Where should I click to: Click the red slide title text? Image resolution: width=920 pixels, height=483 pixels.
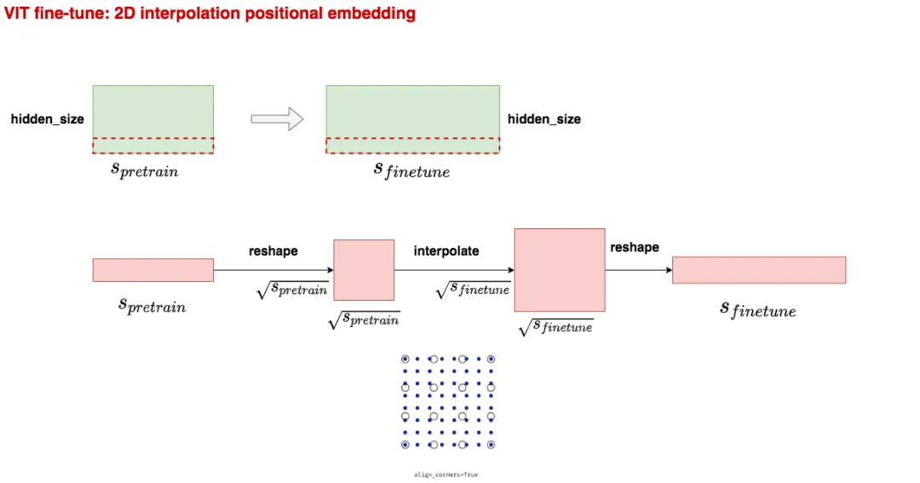[x=210, y=14]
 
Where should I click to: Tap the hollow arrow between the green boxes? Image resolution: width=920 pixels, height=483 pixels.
[x=277, y=119]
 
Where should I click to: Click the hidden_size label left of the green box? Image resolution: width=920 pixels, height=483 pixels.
[x=47, y=119]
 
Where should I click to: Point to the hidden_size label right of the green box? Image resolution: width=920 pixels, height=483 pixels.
[x=544, y=119]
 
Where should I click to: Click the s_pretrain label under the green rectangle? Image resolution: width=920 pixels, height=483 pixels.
[x=145, y=170]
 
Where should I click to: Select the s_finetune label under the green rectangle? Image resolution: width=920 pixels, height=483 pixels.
[x=411, y=170]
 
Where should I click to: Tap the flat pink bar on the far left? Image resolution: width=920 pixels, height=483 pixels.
[x=153, y=270]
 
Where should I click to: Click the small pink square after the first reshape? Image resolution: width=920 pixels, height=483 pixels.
[x=364, y=270]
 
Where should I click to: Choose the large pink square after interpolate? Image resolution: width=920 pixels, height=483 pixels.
[x=560, y=270]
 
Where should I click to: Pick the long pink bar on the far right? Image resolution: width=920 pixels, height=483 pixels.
[x=759, y=270]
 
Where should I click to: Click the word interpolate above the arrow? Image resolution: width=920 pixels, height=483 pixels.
[x=446, y=251]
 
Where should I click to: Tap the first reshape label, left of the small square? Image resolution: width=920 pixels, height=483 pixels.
[x=273, y=251]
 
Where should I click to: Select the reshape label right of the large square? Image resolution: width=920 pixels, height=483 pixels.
[x=635, y=247]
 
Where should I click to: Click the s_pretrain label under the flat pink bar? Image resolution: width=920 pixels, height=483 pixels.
[x=152, y=306]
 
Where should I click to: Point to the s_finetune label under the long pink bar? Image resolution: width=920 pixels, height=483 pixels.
[x=758, y=309]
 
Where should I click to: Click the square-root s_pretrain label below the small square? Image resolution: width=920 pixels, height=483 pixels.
[x=364, y=320]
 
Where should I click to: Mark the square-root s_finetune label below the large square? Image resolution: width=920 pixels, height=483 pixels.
[x=555, y=326]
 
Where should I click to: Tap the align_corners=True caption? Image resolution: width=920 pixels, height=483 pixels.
[x=446, y=474]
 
